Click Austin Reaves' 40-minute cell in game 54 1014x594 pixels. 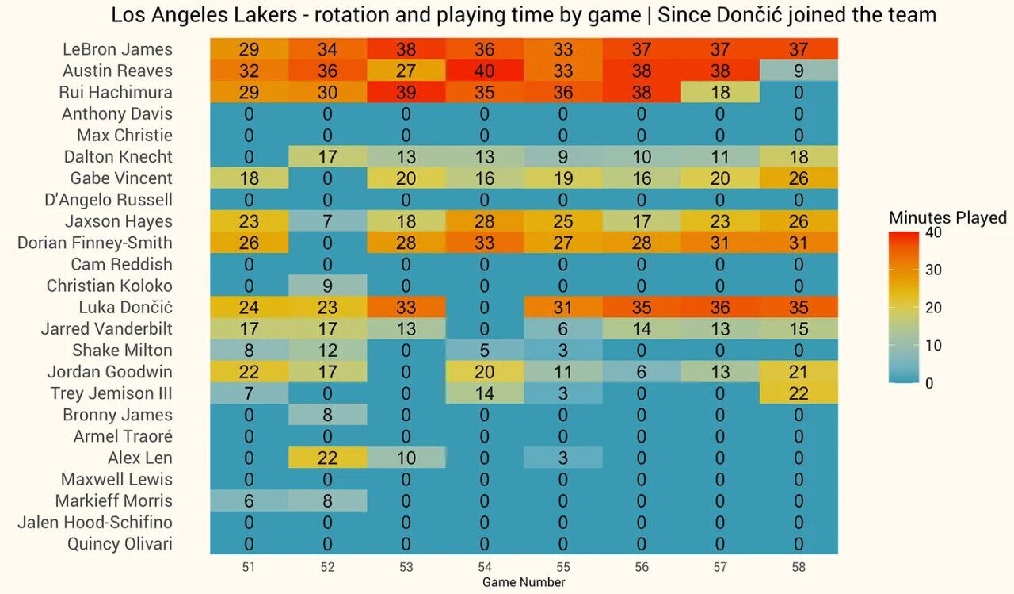pyautogui.click(x=485, y=71)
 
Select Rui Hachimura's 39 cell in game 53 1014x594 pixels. pyautogui.click(x=406, y=92)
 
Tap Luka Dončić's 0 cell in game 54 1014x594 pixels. pyautogui.click(x=485, y=307)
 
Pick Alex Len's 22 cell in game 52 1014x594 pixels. pyautogui.click(x=327, y=458)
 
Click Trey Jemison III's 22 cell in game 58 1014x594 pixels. pyautogui.click(x=799, y=393)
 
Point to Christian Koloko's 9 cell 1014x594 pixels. pyautogui.click(x=327, y=286)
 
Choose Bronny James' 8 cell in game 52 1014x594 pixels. pyautogui.click(x=327, y=415)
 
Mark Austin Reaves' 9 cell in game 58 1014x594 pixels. pyautogui.click(x=799, y=71)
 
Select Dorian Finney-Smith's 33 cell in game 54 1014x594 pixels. pyautogui.click(x=485, y=243)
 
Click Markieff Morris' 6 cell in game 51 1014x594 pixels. pyautogui.click(x=249, y=500)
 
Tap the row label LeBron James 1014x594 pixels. pyautogui.click(x=117, y=49)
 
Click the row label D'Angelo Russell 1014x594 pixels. pyautogui.click(x=109, y=200)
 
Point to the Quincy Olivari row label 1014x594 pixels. pyautogui.click(x=120, y=544)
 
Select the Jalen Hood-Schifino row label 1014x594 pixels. pyautogui.click(x=95, y=523)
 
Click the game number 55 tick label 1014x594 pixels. pyautogui.click(x=563, y=567)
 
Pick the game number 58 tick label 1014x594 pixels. pyautogui.click(x=799, y=567)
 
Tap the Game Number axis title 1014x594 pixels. pyautogui.click(x=524, y=582)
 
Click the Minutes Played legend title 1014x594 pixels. pyautogui.click(x=947, y=217)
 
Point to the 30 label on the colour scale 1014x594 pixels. pyautogui.click(x=933, y=270)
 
